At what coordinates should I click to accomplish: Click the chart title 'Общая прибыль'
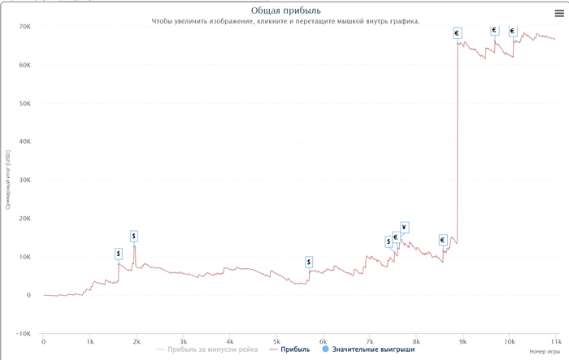[284, 10]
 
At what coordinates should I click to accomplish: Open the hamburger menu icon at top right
[558, 13]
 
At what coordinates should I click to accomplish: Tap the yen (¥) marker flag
[404, 227]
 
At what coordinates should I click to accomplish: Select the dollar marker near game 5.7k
[309, 262]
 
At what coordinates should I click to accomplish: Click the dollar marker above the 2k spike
[134, 236]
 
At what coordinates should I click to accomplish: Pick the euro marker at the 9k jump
[457, 33]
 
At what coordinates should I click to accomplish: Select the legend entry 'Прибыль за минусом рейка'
[212, 349]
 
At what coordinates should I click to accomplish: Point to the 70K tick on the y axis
[24, 27]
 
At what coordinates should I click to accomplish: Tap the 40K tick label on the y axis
[24, 141]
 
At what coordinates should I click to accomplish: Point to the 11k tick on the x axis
[556, 342]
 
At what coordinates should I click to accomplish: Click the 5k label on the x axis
[276, 342]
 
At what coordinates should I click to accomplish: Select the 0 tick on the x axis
[44, 342]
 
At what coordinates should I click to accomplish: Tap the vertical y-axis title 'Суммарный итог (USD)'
[7, 180]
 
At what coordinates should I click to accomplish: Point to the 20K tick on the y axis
[24, 218]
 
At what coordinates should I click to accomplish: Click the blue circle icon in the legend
[325, 349]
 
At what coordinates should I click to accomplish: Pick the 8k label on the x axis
[416, 342]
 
